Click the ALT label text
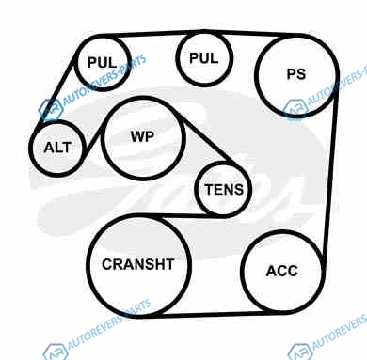coord(57,148)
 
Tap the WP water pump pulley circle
coord(143,98)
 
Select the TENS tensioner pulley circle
coord(223,163)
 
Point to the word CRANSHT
coord(138,264)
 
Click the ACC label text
coord(281,271)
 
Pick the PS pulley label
coord(296,74)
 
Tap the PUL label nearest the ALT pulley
coord(102,62)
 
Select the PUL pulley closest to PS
coord(204,32)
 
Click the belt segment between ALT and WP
coord(93,140)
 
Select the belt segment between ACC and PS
coord(330,176)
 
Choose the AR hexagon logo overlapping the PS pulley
coord(295,109)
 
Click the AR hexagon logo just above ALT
coord(51,110)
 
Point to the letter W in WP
coord(137,136)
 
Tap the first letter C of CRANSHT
coord(106,264)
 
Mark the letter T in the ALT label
coord(67,148)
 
